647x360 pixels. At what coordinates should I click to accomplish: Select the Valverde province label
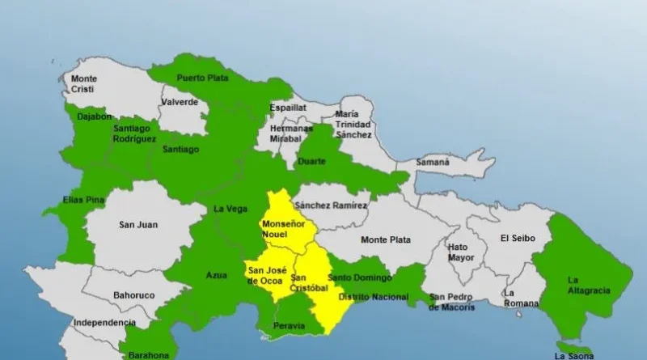[180, 103]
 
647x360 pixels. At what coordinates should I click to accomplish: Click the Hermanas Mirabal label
[291, 133]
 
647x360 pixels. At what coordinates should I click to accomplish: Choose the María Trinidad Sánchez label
[353, 124]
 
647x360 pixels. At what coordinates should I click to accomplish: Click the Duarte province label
[312, 161]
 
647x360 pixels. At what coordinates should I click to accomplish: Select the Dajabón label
[89, 116]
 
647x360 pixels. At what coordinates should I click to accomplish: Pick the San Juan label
[137, 225]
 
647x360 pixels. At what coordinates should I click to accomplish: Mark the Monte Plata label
[385, 239]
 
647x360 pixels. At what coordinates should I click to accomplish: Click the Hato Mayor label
[459, 252]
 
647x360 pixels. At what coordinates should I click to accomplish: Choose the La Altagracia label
[584, 285]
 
